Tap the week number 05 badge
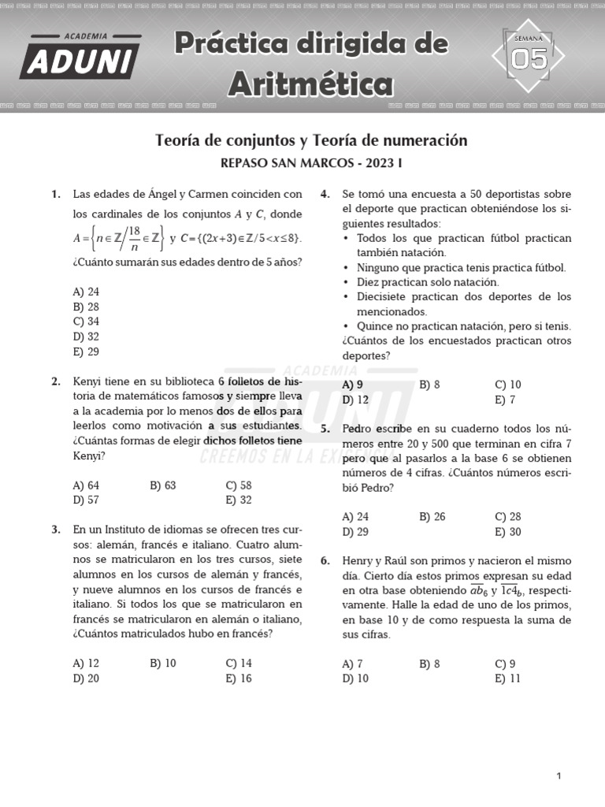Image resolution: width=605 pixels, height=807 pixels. [529, 58]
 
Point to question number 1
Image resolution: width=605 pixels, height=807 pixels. [56, 194]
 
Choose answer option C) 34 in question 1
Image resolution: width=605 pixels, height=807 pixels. [86, 322]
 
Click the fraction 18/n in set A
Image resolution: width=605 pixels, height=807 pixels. [135, 237]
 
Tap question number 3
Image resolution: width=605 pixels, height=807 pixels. [56, 530]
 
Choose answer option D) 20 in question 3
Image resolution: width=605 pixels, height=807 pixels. [86, 679]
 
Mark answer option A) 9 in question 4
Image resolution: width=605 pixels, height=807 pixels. [353, 385]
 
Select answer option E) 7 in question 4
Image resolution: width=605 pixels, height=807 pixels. [505, 400]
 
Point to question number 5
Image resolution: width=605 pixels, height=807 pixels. [325, 429]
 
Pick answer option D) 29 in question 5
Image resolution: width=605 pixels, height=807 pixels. [355, 532]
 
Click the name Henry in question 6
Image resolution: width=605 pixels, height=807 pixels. [358, 561]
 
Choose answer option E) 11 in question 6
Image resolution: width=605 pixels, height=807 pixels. [507, 679]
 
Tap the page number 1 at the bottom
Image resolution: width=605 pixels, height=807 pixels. [559, 776]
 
